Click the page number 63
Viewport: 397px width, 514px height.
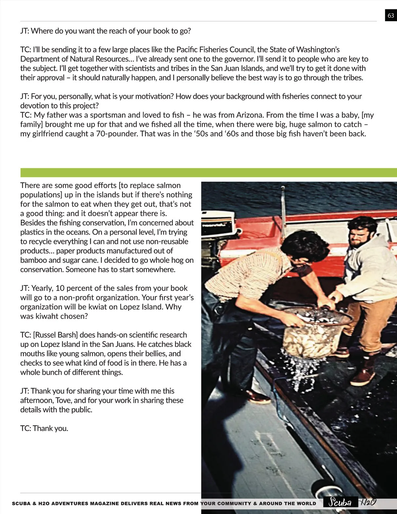tap(391, 16)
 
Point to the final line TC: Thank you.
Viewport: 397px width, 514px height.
tap(44, 428)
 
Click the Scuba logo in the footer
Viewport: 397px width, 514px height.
tap(340, 502)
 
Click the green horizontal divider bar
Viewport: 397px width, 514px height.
tap(208, 172)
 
